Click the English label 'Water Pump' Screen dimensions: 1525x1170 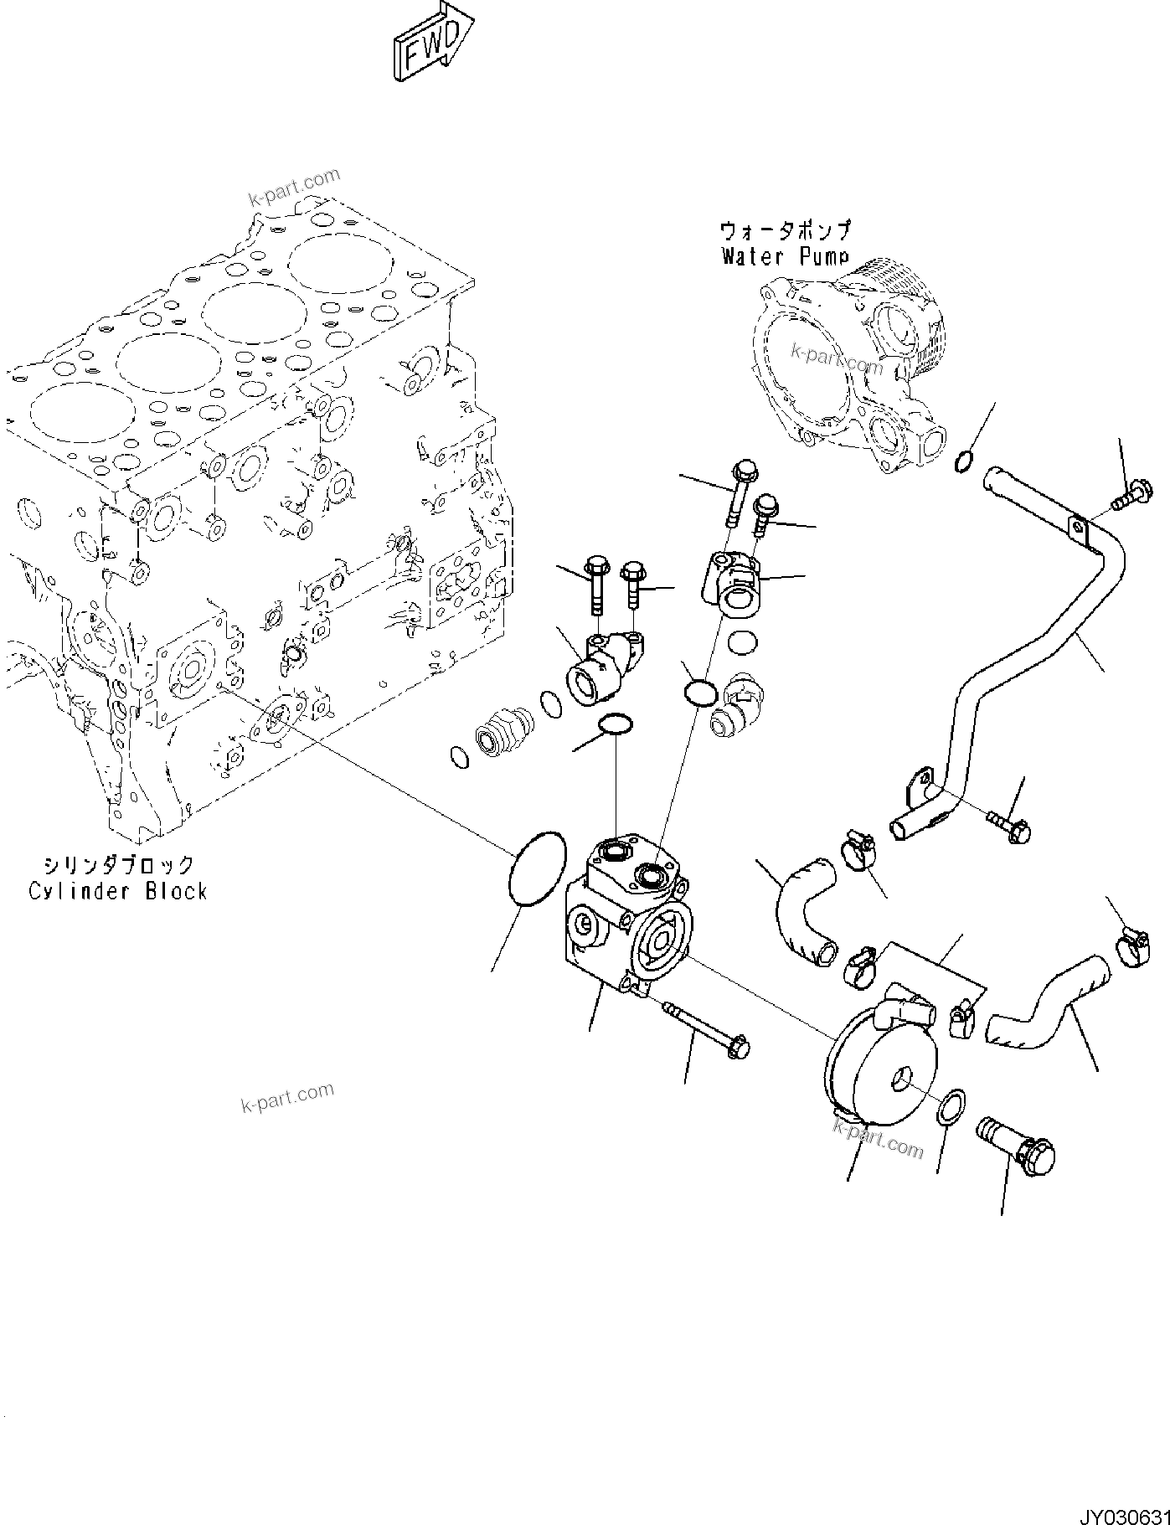785,256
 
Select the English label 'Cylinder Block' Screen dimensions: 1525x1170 117,891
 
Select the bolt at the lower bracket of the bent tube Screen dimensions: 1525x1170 1008,824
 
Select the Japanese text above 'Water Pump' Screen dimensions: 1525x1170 785,230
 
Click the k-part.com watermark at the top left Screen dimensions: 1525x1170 294,187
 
